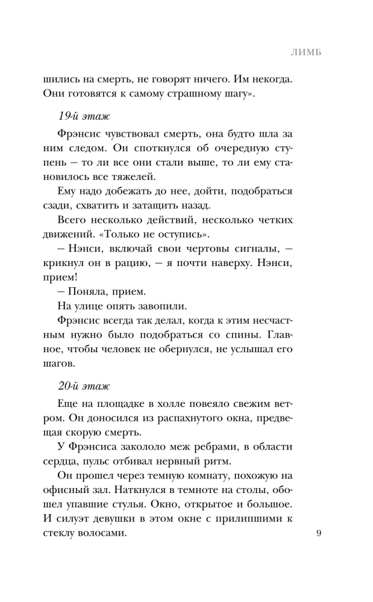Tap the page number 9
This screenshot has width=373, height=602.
coord(319,533)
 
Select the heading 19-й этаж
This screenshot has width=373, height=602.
coord(75,115)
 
